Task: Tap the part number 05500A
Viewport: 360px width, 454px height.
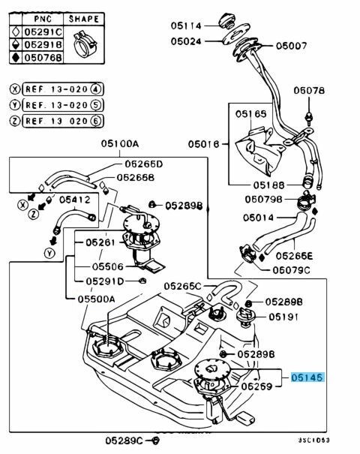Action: coord(94,298)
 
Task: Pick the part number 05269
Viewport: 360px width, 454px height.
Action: coord(256,386)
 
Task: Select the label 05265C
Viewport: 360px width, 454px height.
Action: coord(183,286)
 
